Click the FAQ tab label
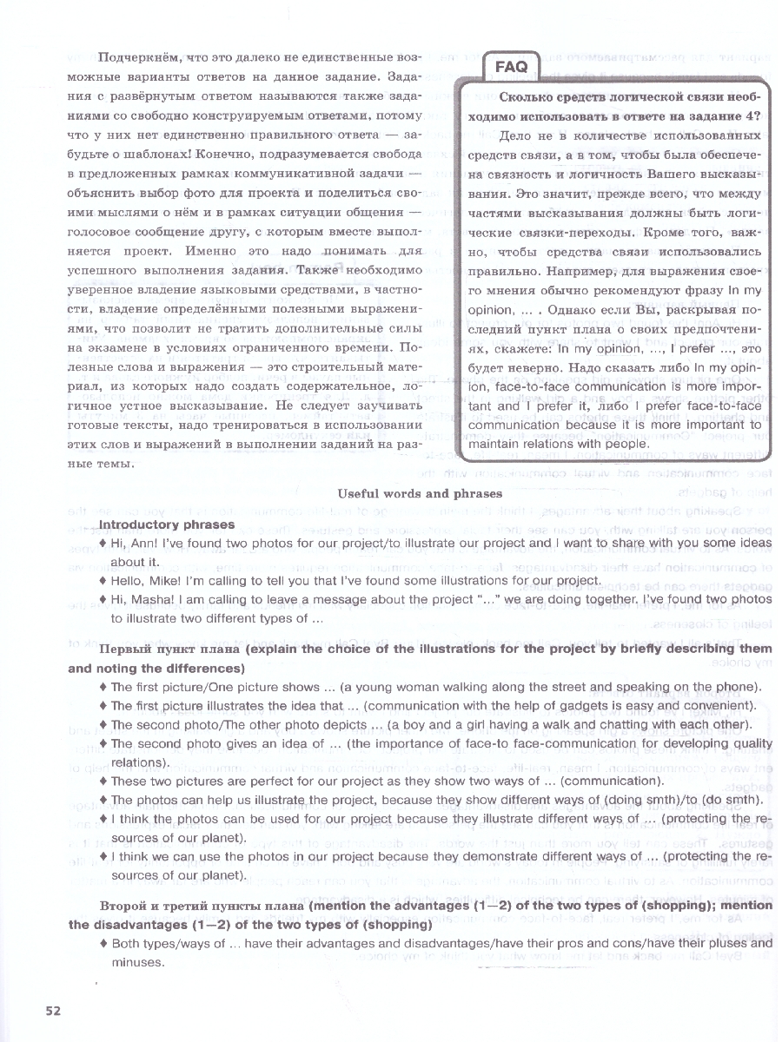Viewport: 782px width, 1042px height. tap(512, 67)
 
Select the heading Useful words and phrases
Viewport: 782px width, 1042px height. tap(419, 493)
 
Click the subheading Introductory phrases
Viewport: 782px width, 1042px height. tap(167, 524)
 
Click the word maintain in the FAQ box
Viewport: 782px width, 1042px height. tap(493, 445)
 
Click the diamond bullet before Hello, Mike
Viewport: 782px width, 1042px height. tap(103, 581)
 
